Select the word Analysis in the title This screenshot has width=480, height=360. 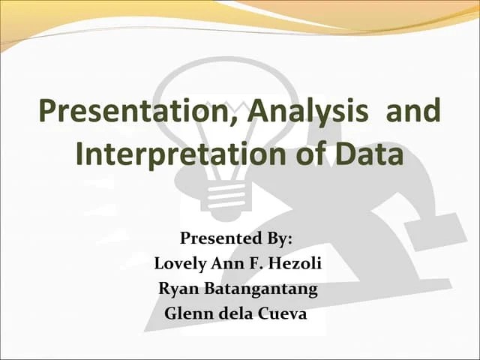tap(309, 112)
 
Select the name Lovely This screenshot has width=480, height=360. tap(180, 263)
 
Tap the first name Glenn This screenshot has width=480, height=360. tap(187, 313)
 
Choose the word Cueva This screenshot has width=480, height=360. tap(283, 313)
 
